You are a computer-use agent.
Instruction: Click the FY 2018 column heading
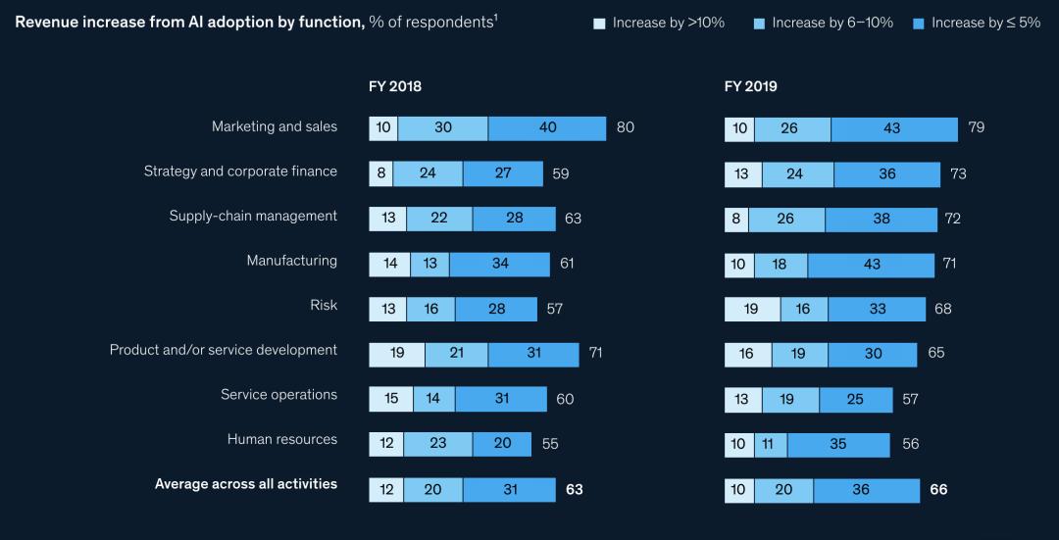395,86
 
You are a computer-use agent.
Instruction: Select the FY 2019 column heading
751,86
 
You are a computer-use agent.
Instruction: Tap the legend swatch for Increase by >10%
600,23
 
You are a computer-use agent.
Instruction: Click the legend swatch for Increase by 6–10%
760,23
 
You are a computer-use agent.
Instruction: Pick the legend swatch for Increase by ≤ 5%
919,23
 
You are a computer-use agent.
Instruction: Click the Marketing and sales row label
275,126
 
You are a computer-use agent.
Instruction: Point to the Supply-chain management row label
253,216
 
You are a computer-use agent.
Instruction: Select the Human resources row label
282,439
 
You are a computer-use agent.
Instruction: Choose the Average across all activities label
246,484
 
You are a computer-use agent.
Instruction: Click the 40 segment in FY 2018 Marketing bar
547,128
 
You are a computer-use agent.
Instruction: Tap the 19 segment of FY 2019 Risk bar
752,310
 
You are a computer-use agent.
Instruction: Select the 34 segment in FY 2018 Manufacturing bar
499,265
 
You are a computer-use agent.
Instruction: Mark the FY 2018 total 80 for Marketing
626,128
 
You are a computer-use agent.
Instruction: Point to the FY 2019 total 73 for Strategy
959,174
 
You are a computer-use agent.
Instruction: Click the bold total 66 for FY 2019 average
938,490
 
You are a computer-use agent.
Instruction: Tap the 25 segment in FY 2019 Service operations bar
856,400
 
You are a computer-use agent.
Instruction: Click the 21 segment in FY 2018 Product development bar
456,354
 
